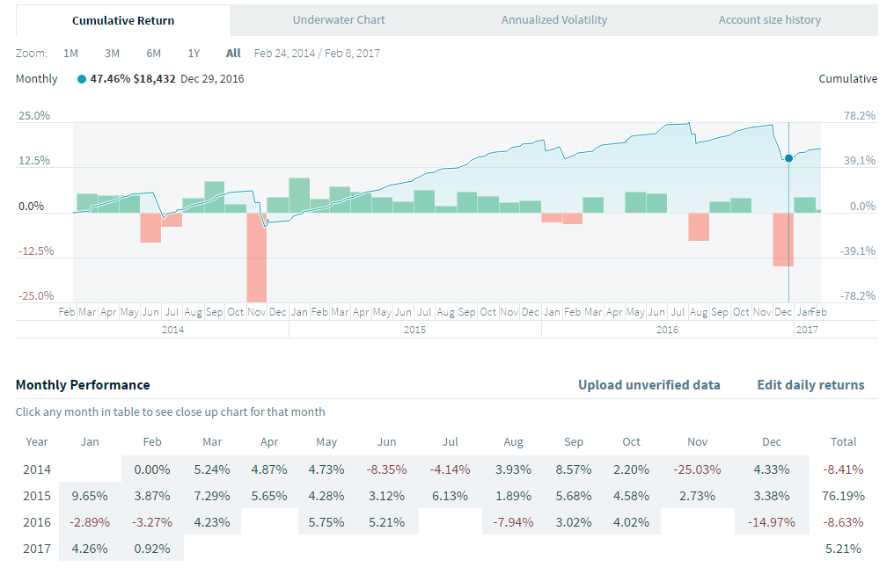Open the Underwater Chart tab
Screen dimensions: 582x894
(x=339, y=19)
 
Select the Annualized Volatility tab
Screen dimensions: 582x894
(x=554, y=19)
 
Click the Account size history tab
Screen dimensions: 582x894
(x=769, y=19)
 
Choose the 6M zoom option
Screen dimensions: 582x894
(x=154, y=53)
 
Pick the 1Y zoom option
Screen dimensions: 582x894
(x=194, y=53)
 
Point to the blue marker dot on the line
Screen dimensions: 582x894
(x=788, y=158)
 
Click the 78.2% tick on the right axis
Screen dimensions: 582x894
(x=860, y=115)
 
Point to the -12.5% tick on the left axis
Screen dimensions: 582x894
(x=35, y=251)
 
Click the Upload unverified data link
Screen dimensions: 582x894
(x=649, y=385)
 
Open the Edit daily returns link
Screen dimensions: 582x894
(x=810, y=385)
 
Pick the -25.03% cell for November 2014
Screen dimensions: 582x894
(x=696, y=469)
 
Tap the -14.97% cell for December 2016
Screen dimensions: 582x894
(x=771, y=522)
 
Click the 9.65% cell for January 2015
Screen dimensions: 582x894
(x=90, y=496)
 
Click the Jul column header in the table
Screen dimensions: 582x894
(x=450, y=441)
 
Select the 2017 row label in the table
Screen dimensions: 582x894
(x=36, y=549)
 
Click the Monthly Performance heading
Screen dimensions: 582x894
(x=83, y=385)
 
